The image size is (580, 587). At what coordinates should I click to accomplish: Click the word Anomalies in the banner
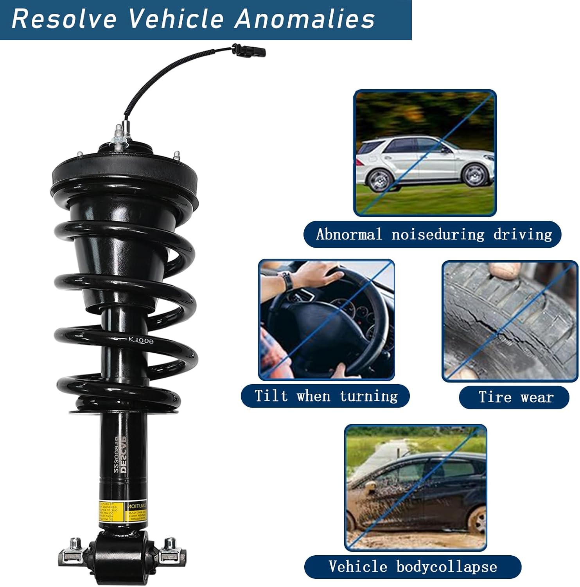click(305, 19)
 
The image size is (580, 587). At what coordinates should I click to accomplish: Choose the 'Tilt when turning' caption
click(325, 396)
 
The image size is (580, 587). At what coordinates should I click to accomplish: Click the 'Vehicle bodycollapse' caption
click(412, 567)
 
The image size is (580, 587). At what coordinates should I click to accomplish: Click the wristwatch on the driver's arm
click(287, 281)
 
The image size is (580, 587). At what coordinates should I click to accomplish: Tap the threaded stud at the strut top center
click(118, 135)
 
